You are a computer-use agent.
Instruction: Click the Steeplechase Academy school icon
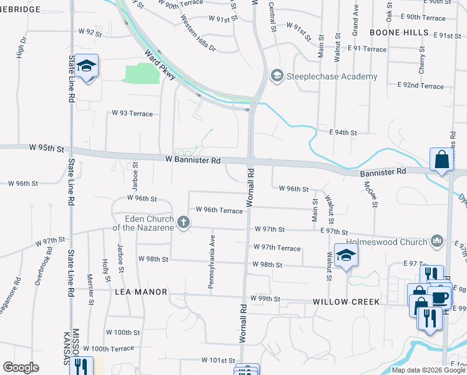[277, 76]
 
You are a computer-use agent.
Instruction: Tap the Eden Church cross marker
[184, 222]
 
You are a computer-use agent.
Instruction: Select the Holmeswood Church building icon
[437, 241]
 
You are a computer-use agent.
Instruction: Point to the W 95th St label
[46, 149]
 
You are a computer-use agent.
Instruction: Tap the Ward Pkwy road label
[160, 66]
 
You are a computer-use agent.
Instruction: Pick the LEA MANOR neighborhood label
[141, 292]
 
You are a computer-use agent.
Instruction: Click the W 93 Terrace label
[132, 113]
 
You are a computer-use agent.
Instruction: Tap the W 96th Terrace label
[219, 211]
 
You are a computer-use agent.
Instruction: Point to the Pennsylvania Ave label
[212, 261]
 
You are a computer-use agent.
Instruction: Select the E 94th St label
[343, 132]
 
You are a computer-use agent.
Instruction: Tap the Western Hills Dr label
[199, 39]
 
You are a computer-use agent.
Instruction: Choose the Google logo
[21, 367]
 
